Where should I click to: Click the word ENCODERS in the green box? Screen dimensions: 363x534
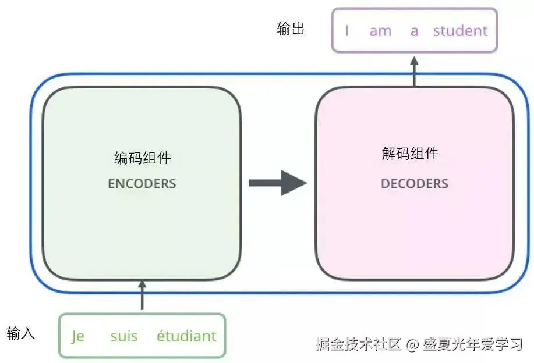(x=142, y=184)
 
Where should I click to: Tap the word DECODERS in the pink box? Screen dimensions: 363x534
(x=414, y=184)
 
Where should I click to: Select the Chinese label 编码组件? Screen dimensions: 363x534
(x=142, y=158)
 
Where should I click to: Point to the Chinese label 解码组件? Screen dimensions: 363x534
(x=409, y=154)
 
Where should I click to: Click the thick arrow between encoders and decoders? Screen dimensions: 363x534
(x=277, y=183)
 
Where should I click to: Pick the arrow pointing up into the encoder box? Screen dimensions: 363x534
(x=142, y=295)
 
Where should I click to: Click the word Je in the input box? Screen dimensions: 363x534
(x=77, y=337)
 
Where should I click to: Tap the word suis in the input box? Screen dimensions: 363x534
(x=124, y=336)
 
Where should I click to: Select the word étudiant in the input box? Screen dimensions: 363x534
(x=186, y=336)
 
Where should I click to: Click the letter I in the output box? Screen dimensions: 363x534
(x=347, y=31)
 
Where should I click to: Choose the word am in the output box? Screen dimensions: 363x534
(x=380, y=31)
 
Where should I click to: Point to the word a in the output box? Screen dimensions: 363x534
(x=414, y=31)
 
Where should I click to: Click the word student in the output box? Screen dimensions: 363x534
(x=460, y=31)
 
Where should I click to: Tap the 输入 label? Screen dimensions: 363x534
(x=21, y=333)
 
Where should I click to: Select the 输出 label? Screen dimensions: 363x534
(x=291, y=29)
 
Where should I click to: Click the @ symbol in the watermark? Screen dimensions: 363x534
(x=412, y=345)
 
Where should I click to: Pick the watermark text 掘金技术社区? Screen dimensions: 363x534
(x=359, y=344)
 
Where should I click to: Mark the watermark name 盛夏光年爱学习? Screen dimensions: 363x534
(x=472, y=344)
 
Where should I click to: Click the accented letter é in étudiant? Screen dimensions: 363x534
(x=161, y=336)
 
